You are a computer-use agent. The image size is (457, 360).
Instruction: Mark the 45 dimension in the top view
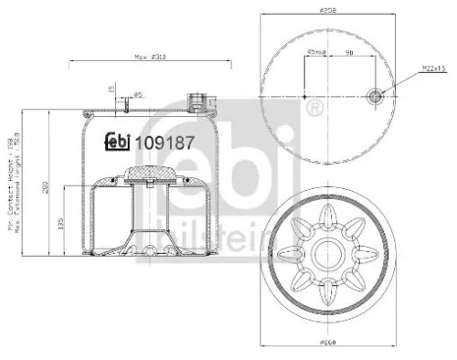pos(316,53)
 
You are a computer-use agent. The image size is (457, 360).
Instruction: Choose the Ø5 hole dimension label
pos(139,94)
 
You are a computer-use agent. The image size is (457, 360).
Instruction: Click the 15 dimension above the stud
pos(111,89)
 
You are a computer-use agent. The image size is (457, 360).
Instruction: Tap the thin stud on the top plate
pos(120,104)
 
